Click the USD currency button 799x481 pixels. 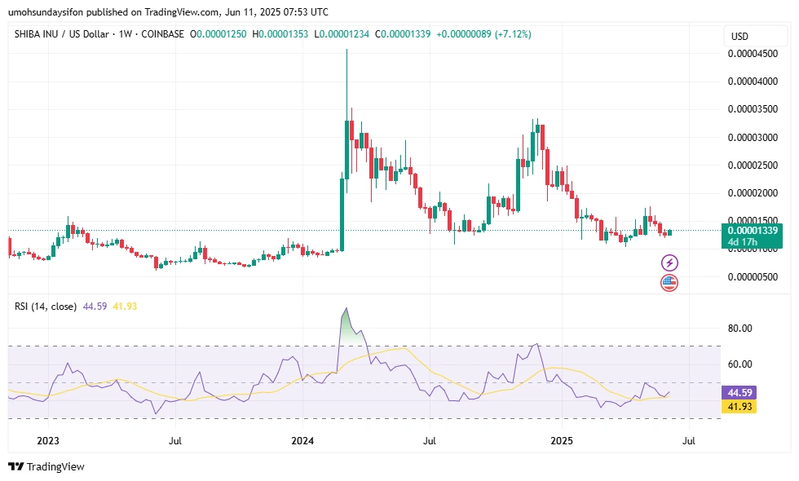(x=740, y=36)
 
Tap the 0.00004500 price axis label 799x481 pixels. (x=751, y=54)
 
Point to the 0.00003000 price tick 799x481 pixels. (x=751, y=137)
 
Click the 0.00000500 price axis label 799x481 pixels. (x=751, y=276)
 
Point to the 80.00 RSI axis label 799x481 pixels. (x=740, y=329)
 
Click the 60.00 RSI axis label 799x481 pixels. (x=740, y=364)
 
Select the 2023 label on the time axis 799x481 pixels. (x=47, y=441)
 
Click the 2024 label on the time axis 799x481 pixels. (x=302, y=441)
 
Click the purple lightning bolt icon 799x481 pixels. (x=669, y=263)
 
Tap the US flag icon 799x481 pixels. (x=669, y=283)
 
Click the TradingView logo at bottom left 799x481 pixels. (x=46, y=467)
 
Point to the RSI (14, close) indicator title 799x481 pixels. (x=46, y=307)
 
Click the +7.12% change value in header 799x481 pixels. (x=507, y=34)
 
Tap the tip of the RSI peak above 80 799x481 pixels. (x=347, y=308)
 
